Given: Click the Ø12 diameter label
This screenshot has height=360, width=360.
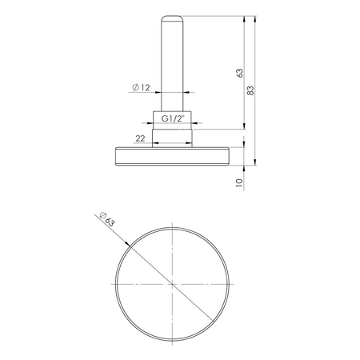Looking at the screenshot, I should coord(141,87).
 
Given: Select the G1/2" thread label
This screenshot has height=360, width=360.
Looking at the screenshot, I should coord(174,118).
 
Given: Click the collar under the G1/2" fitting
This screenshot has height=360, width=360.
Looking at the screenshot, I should coord(174,136).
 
